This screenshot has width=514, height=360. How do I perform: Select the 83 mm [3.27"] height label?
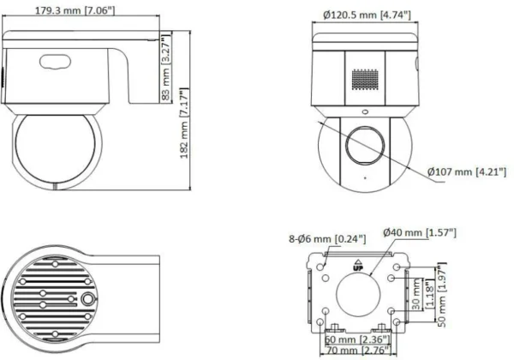(x=166, y=68)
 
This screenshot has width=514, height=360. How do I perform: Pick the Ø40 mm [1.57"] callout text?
(x=420, y=232)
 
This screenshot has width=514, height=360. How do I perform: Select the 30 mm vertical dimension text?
(x=415, y=295)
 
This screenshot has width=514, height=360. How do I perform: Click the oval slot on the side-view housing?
(x=57, y=61)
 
